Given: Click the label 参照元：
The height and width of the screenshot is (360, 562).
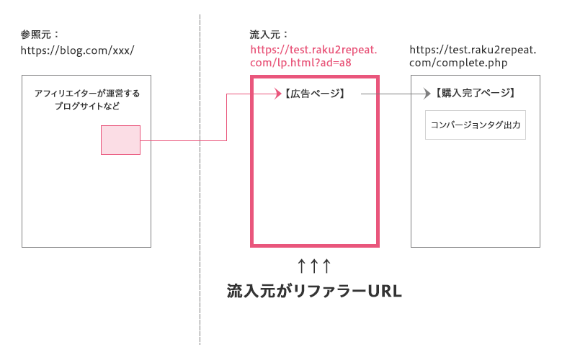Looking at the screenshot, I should [40, 34].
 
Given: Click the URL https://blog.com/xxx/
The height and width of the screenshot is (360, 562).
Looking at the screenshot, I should [78, 50].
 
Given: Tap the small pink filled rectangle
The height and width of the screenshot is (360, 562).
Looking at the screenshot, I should [120, 140].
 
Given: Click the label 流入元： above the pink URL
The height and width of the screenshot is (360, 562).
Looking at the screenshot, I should [269, 34].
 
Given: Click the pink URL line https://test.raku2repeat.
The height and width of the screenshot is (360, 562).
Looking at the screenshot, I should [313, 50].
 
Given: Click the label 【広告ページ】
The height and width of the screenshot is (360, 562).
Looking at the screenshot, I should [313, 94].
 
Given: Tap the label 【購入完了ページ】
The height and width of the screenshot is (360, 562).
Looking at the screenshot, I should [476, 94].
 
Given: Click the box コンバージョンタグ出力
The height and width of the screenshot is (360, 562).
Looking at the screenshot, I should [476, 125].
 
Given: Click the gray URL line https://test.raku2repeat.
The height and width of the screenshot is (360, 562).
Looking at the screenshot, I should [473, 50].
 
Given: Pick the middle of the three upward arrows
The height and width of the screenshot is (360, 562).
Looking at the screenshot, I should [314, 266].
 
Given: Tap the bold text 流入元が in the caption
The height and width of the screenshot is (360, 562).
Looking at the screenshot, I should [256, 292].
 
